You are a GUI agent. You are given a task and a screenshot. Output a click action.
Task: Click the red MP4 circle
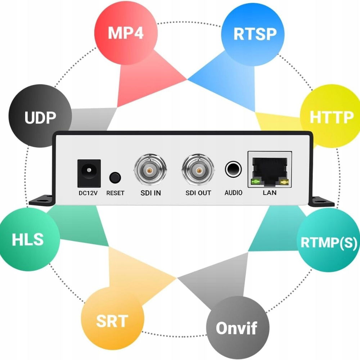click(126, 33)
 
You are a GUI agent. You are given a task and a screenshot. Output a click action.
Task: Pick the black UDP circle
click(40, 117)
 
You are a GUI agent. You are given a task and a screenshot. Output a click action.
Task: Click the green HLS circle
click(28, 239)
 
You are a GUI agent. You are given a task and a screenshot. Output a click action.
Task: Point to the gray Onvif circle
click(237, 328)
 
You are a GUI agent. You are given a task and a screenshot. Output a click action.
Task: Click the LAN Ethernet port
click(270, 169)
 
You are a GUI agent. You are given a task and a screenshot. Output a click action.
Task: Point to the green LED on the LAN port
click(256, 181)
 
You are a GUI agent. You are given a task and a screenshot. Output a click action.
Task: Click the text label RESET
click(115, 193)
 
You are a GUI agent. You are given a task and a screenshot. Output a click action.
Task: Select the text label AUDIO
click(233, 193)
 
